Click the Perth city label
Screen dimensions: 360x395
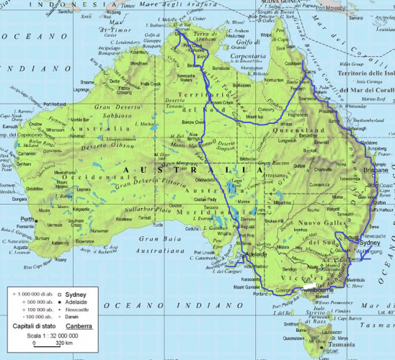[x=27, y=219]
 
